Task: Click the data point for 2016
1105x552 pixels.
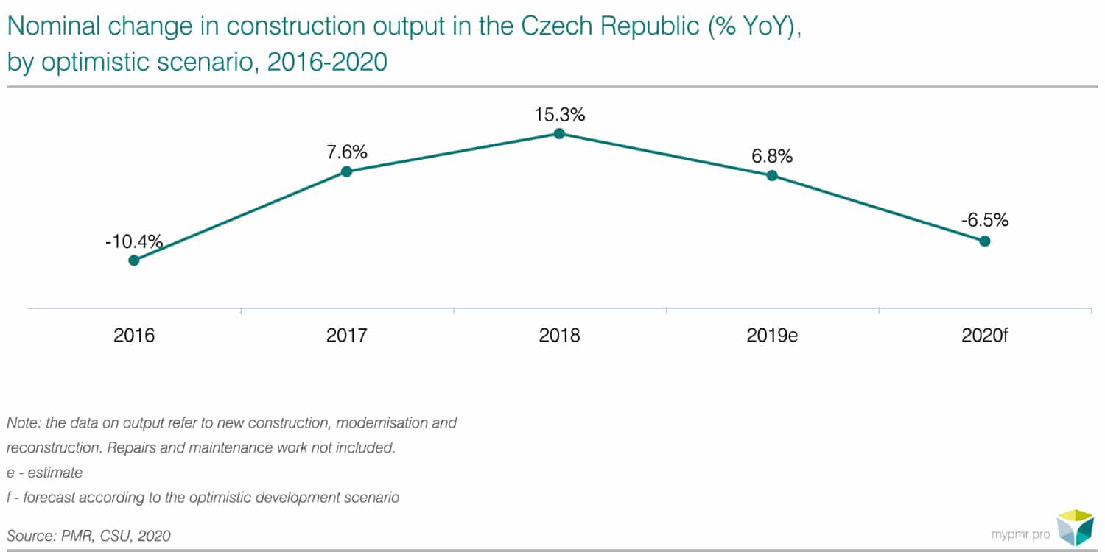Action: point(134,260)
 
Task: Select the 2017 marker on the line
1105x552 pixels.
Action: point(347,171)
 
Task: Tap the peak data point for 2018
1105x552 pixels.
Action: point(559,133)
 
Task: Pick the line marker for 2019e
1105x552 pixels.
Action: point(772,175)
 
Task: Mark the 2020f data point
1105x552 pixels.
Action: point(984,241)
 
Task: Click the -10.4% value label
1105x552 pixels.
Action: point(133,241)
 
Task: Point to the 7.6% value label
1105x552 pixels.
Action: point(347,153)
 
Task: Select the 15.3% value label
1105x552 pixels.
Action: point(559,115)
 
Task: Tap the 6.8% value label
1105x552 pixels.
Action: point(772,156)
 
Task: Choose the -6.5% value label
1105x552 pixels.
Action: point(984,220)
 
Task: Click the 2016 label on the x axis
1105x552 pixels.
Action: point(134,336)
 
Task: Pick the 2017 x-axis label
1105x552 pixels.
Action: point(347,336)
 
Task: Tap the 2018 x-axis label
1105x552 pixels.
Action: point(559,336)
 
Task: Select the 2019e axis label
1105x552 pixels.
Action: point(772,336)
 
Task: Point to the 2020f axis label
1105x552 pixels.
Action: point(984,336)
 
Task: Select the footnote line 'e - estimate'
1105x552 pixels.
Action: point(44,473)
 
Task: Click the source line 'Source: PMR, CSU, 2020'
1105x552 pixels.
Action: point(88,536)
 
